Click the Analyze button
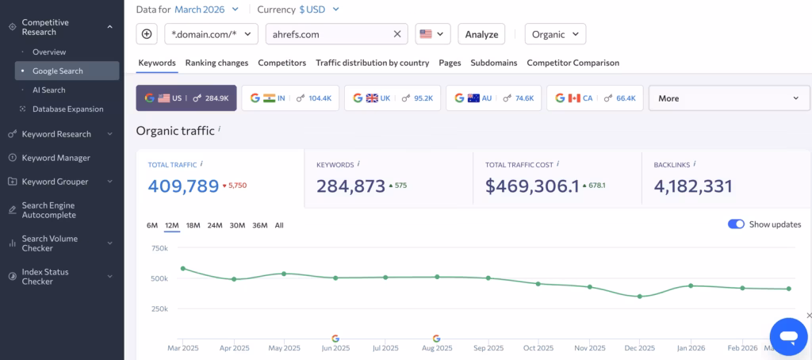pos(481,34)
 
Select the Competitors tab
pos(282,63)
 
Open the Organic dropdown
pos(555,34)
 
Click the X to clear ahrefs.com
pos(397,34)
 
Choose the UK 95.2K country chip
pos(393,98)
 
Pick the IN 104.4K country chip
pos(290,98)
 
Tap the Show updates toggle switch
pos(736,224)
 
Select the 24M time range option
pos(215,225)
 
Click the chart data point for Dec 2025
pos(640,297)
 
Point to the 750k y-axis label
pos(159,248)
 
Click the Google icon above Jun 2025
pos(335,339)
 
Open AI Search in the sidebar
pos(49,90)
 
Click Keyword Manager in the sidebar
pos(56,158)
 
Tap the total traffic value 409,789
pos(183,186)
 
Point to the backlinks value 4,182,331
pos(693,186)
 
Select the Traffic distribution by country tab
pos(372,63)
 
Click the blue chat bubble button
pos(788,337)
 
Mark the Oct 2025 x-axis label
pos(538,348)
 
